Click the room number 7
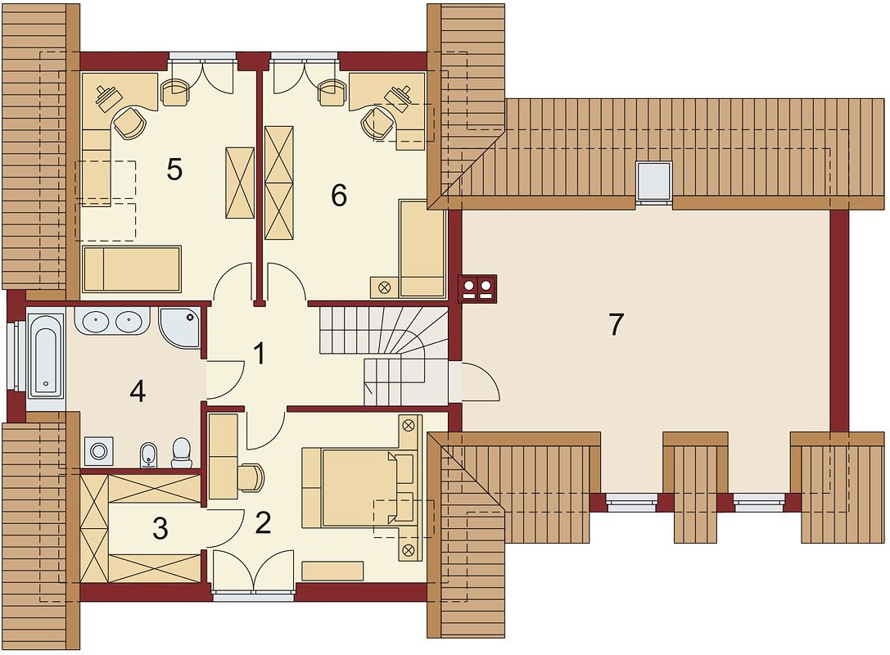point(616,325)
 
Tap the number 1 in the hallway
point(260,353)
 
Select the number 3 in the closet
point(160,528)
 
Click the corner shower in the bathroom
point(180,327)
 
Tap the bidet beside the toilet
point(148,455)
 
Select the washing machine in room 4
point(99,452)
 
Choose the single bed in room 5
point(132,269)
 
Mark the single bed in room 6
point(422,248)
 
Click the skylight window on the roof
point(653,182)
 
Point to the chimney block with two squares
point(478,289)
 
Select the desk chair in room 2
point(251,477)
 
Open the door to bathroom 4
point(225,378)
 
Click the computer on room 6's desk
point(399,94)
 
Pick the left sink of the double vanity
point(95,322)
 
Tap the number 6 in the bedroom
point(339,196)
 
